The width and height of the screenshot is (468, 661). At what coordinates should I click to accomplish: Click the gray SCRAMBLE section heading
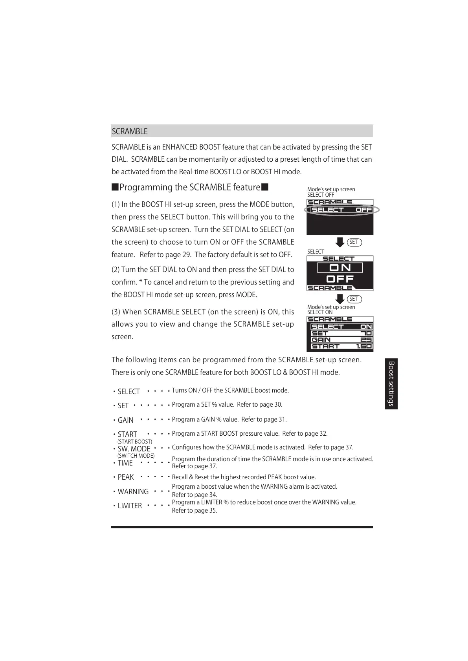[x=130, y=131]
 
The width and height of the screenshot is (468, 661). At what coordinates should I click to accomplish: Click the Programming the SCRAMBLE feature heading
[x=190, y=187]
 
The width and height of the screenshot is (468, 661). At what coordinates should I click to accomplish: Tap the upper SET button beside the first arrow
[x=354, y=242]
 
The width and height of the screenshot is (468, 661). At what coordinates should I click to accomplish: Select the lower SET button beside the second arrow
[x=354, y=299]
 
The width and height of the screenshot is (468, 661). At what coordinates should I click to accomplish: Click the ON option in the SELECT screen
[x=340, y=268]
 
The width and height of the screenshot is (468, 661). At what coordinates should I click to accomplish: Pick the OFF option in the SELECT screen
[x=340, y=279]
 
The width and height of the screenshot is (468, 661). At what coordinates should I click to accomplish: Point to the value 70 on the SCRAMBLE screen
[x=366, y=333]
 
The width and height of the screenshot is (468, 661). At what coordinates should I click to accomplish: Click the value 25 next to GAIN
[x=366, y=340]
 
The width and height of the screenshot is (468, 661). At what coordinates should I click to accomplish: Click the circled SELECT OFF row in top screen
[x=341, y=210]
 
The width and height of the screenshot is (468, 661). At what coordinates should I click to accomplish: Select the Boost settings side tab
[x=391, y=383]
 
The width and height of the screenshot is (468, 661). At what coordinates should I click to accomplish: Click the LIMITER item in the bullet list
[x=130, y=506]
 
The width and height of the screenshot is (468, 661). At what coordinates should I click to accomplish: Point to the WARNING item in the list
[x=133, y=492]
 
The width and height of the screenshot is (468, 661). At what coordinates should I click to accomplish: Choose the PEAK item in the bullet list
[x=126, y=477]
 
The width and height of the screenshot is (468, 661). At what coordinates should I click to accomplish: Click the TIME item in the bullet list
[x=125, y=463]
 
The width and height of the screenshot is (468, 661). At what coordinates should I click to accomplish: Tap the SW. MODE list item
[x=134, y=449]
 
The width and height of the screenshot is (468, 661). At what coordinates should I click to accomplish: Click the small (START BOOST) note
[x=135, y=442]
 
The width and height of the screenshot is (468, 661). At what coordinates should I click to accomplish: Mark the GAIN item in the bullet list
[x=125, y=420]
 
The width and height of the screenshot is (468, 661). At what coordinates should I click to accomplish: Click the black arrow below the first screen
[x=340, y=243]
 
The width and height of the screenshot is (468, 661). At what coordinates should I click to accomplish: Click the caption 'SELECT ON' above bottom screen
[x=320, y=312]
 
